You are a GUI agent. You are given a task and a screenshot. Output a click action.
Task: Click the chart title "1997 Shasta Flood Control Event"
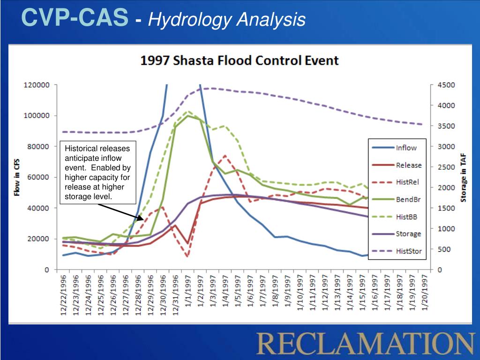pos(240,60)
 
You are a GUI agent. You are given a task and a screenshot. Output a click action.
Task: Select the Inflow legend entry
pos(406,148)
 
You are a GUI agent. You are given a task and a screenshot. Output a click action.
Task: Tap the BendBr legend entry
pos(408,200)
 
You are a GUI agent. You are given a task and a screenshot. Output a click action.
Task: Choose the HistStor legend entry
pos(409,251)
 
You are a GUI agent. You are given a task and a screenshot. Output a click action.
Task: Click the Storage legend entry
pos(408,234)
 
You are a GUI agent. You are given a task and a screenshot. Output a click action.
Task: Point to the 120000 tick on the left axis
pos(37,85)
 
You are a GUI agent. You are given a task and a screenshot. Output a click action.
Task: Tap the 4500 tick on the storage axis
pos(446,85)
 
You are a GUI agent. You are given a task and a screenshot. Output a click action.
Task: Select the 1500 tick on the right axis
pos(446,208)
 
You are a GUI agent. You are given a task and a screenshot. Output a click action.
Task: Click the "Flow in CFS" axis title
pos(17,177)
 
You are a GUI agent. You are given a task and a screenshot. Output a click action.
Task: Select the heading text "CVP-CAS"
pos(75,19)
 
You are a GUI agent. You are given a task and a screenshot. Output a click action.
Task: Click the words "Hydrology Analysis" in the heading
pos(227,20)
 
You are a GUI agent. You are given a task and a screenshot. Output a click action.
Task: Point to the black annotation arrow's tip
pos(144,218)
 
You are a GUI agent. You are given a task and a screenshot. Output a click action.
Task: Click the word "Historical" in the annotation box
pos(81,148)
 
